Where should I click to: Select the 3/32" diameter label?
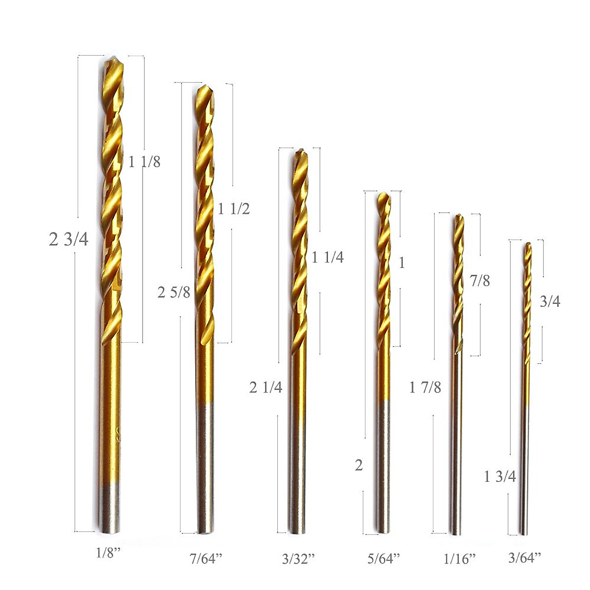click(x=298, y=558)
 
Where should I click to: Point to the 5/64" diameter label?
click(x=384, y=558)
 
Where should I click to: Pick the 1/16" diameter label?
click(x=460, y=558)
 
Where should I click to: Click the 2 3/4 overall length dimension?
click(x=69, y=239)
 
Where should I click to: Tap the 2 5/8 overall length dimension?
click(x=174, y=293)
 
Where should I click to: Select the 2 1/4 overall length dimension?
click(x=265, y=387)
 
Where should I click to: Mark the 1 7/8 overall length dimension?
click(x=425, y=387)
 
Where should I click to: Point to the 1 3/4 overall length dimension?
click(x=500, y=476)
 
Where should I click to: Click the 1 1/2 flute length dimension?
click(x=234, y=209)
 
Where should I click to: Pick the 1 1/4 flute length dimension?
click(x=327, y=257)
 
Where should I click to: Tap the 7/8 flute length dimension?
click(x=479, y=281)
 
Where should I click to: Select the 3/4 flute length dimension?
click(x=550, y=301)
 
